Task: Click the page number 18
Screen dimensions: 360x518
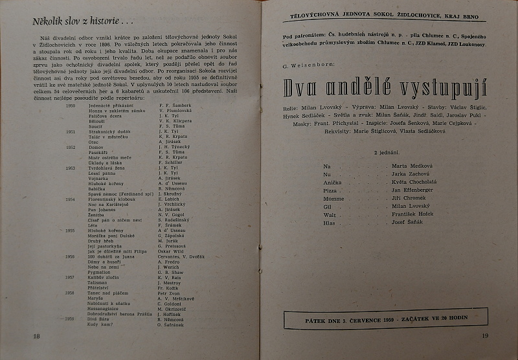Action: coord(36,335)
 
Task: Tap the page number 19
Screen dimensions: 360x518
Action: coord(485,335)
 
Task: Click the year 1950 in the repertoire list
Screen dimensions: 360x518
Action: coord(71,106)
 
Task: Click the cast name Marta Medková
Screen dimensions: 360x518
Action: coord(412,166)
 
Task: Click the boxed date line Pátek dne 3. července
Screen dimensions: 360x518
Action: coord(385,319)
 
